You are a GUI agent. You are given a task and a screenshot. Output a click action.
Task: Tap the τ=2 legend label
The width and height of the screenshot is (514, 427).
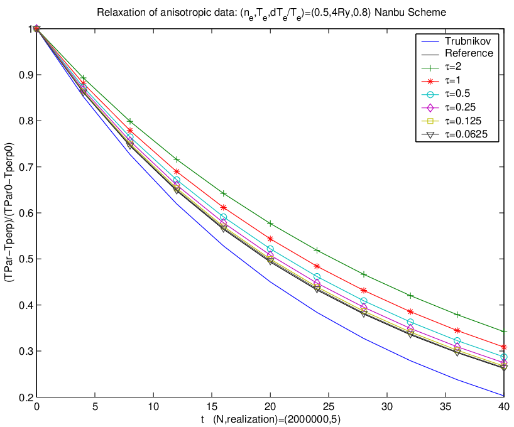pyautogui.click(x=453, y=67)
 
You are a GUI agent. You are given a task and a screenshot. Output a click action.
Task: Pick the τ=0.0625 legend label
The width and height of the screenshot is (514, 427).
pyautogui.click(x=466, y=134)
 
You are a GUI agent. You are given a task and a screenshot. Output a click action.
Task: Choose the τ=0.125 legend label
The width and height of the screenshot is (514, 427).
pyautogui.click(x=463, y=121)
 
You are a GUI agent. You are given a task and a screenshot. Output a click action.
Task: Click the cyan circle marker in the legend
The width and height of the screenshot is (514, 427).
pyautogui.click(x=430, y=94)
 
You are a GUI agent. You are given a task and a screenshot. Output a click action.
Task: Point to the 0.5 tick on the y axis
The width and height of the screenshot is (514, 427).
pyautogui.click(x=26, y=259)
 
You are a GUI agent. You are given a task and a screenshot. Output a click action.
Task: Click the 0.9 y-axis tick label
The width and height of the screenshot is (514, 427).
pyautogui.click(x=26, y=75)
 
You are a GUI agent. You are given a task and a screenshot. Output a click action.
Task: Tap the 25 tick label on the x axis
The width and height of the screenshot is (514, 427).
pyautogui.click(x=329, y=407)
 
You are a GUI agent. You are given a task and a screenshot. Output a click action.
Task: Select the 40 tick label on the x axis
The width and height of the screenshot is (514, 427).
pyautogui.click(x=503, y=407)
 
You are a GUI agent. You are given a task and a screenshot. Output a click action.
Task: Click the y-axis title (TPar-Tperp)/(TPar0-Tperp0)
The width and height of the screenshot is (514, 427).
pyautogui.click(x=9, y=212)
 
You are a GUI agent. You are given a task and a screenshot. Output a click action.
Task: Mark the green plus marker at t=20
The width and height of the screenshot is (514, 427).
pyautogui.click(x=270, y=224)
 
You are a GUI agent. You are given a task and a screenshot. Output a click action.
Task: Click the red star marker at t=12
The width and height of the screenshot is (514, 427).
pyautogui.click(x=177, y=171)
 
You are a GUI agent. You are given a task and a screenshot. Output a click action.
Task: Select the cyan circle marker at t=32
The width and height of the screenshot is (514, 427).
pyautogui.click(x=410, y=322)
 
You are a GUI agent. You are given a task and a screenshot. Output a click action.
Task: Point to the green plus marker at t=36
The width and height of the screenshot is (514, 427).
pyautogui.click(x=457, y=315)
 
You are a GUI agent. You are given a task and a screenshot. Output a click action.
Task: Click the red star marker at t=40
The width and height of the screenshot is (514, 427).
pyautogui.click(x=504, y=347)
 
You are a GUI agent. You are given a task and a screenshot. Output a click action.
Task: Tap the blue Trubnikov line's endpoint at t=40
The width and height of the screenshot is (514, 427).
pyautogui.click(x=504, y=396)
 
